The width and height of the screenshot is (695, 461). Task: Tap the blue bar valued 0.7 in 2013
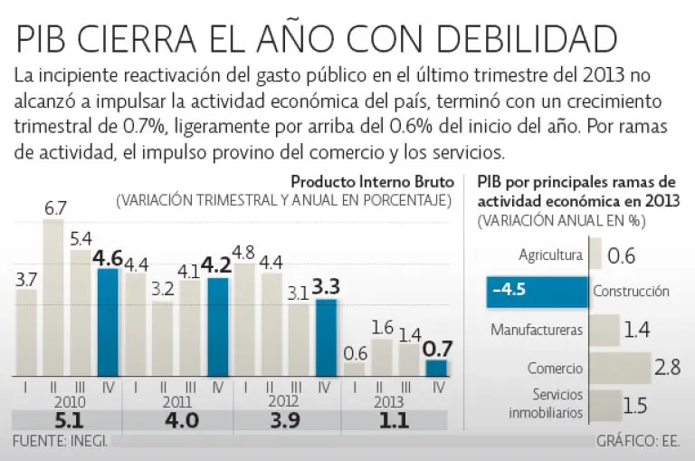point(436,368)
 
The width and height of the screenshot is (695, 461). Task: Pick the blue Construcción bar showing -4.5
point(536,292)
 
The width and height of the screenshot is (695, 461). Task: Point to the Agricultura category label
point(550,255)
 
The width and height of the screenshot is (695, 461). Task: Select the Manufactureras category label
point(537,330)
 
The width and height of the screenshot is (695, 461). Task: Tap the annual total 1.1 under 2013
point(395,420)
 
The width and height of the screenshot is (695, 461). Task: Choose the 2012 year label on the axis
point(285,401)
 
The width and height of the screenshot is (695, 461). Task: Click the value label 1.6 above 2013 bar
point(382,328)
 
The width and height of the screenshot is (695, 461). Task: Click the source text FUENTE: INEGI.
point(61,442)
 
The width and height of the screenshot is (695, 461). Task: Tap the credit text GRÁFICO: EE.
point(639,442)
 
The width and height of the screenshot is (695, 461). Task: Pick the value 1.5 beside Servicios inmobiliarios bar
point(635,405)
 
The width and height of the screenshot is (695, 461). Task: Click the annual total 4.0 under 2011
point(177,420)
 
